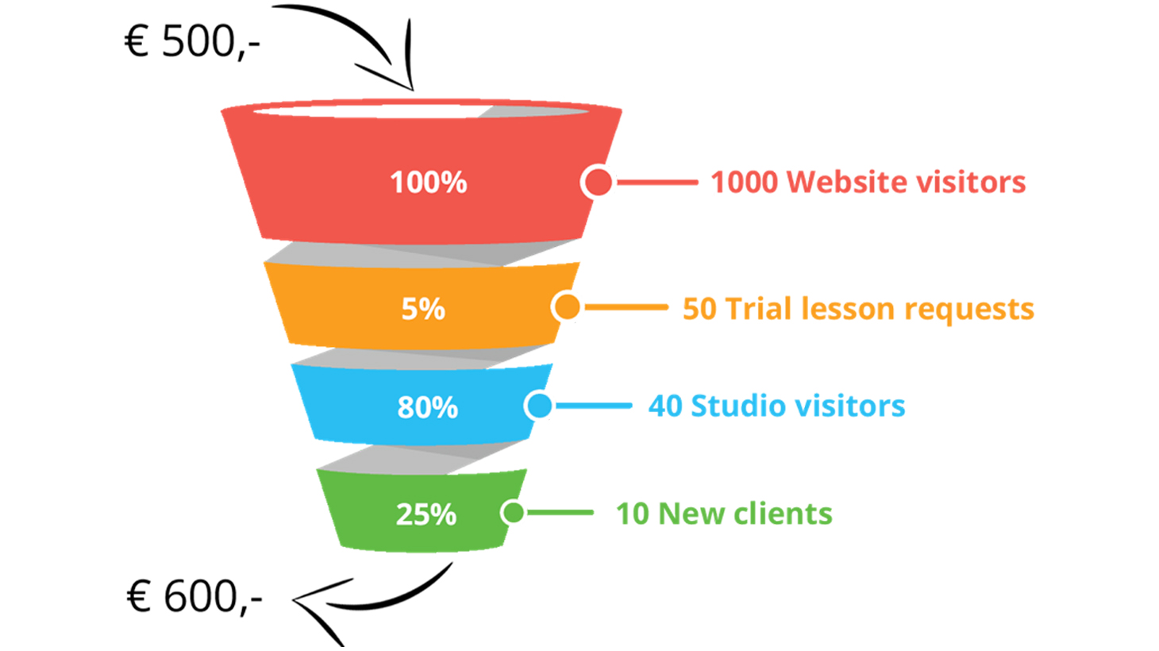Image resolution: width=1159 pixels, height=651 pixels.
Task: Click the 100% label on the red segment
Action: [x=429, y=183]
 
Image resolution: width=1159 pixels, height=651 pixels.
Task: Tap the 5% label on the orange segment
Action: [x=423, y=309]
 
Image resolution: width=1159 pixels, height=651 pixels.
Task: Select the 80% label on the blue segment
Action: [x=427, y=407]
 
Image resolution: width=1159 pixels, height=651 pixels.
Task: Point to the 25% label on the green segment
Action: [x=426, y=514]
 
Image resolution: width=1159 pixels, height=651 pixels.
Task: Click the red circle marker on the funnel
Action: [x=598, y=182]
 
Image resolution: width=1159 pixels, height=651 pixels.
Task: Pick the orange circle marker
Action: [x=567, y=306]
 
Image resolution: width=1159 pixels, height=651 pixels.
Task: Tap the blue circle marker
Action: [x=539, y=406]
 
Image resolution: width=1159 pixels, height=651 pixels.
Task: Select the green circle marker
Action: [x=513, y=512]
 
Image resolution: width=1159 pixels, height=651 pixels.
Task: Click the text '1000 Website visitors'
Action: [x=868, y=182]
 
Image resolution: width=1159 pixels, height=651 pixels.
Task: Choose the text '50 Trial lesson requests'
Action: [x=858, y=309]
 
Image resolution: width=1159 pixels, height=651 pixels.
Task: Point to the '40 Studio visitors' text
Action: [x=776, y=406]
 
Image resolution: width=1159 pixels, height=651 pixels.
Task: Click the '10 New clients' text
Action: [x=724, y=514]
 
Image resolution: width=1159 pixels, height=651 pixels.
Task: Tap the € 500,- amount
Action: [x=192, y=41]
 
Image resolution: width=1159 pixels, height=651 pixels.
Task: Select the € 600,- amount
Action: [x=194, y=596]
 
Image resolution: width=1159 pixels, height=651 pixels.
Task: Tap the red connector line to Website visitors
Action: [x=657, y=182]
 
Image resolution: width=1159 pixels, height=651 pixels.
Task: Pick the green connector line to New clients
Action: [x=560, y=512]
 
